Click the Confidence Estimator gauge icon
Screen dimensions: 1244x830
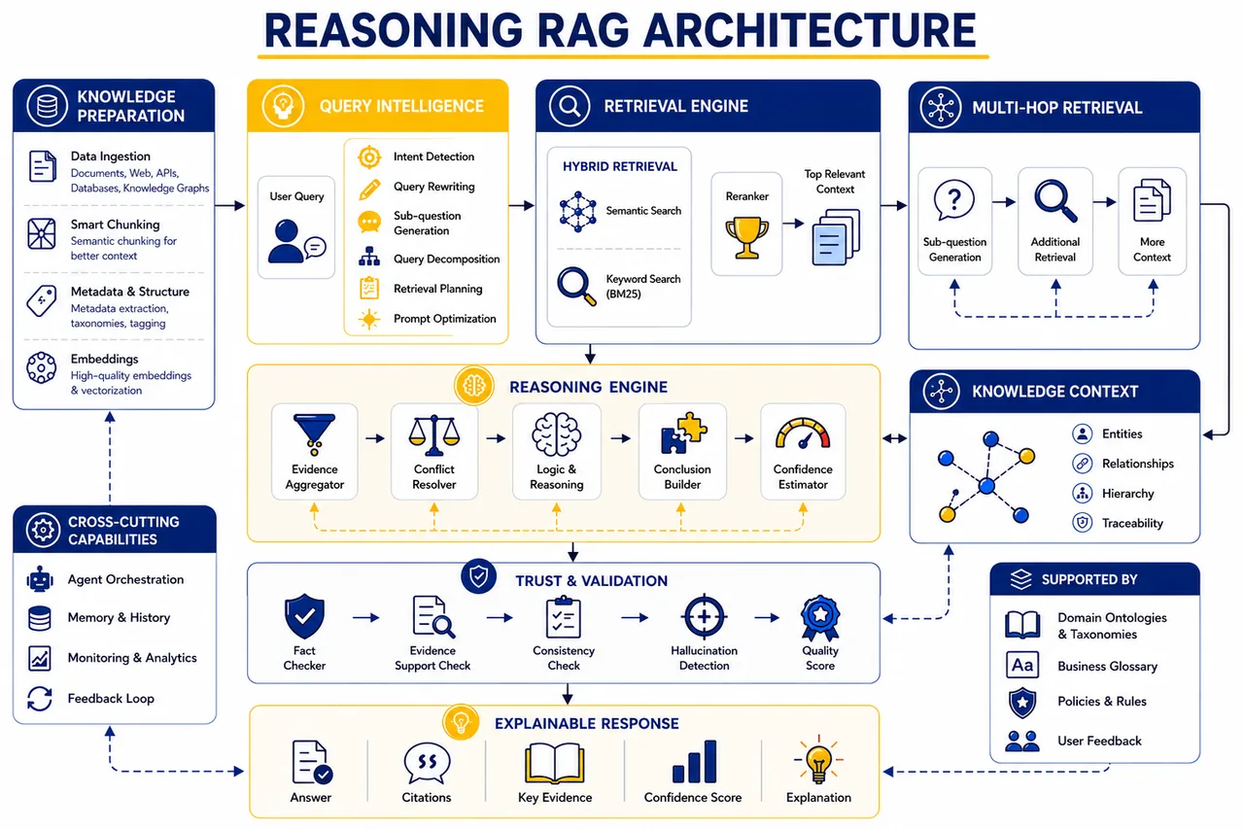tap(803, 433)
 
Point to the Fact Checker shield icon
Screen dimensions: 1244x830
tap(304, 616)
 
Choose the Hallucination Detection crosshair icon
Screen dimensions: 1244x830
tap(705, 616)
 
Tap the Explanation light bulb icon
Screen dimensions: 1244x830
tap(818, 761)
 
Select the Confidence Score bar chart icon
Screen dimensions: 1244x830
tap(694, 761)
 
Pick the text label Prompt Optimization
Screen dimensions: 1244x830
tap(445, 319)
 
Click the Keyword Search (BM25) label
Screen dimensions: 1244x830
tap(643, 286)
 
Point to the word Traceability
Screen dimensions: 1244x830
tap(1132, 523)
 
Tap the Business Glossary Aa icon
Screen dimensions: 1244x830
tap(1022, 665)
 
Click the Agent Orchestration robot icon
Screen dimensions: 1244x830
tap(40, 580)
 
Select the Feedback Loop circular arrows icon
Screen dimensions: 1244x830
tap(40, 699)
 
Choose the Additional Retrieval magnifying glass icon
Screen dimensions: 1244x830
tap(1055, 200)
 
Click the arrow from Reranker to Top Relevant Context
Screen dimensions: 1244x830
tap(793, 224)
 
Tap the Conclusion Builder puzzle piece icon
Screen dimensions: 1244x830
tap(683, 433)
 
